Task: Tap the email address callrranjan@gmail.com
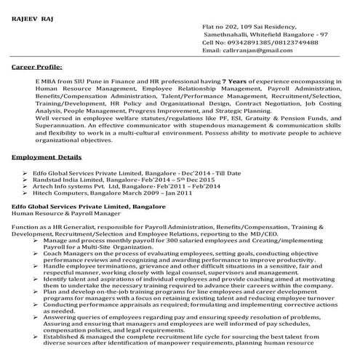[x=267, y=51]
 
